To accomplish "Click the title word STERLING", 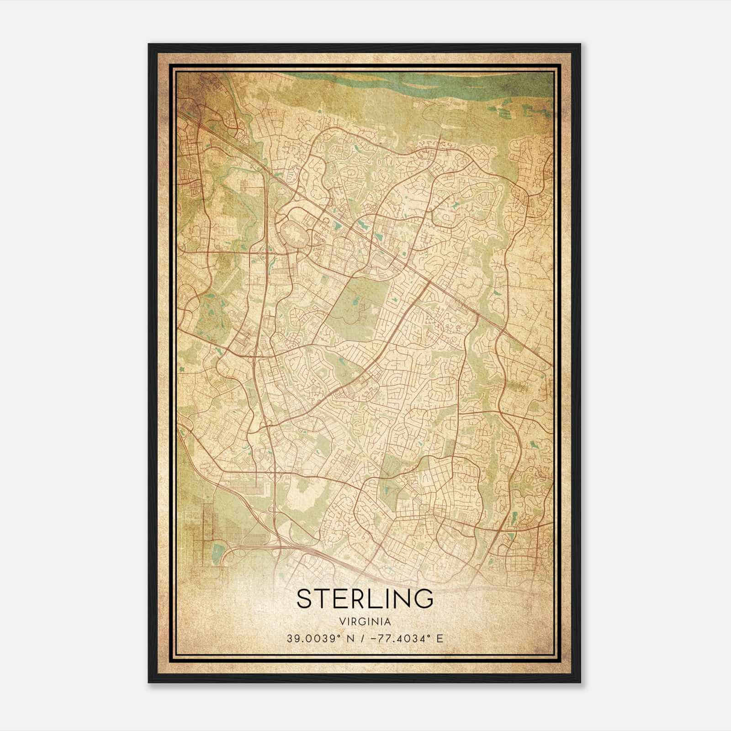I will (365, 598).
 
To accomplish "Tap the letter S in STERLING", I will (304, 598).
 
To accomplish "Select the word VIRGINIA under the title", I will (365, 622).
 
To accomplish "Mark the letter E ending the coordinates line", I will (440, 639).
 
